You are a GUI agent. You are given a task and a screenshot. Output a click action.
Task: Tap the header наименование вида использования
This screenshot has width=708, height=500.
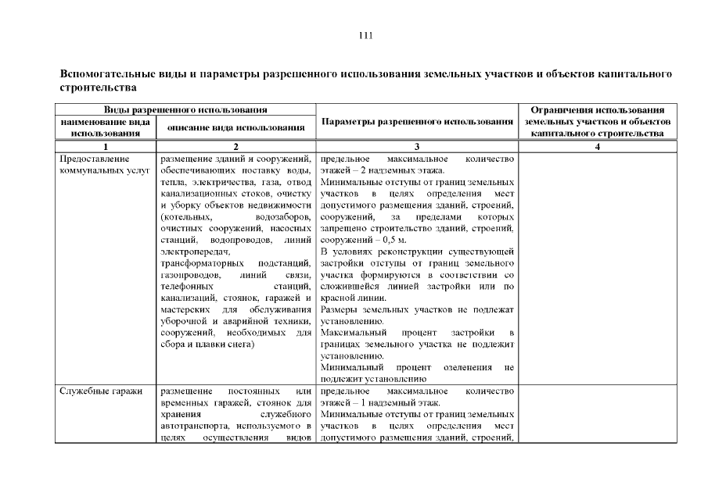click(x=106, y=127)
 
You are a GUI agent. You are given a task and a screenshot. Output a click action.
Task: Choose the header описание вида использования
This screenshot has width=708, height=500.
click(x=236, y=127)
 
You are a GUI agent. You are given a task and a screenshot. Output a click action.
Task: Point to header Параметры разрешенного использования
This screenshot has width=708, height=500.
click(x=417, y=122)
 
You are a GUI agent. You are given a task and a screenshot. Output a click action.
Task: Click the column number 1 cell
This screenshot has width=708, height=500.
click(x=106, y=146)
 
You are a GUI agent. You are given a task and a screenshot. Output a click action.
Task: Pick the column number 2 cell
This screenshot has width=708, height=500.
click(x=236, y=146)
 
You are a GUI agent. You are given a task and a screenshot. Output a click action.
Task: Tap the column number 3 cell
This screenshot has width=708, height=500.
click(x=417, y=146)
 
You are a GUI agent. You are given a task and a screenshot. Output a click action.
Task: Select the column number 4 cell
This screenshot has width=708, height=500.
click(x=597, y=146)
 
